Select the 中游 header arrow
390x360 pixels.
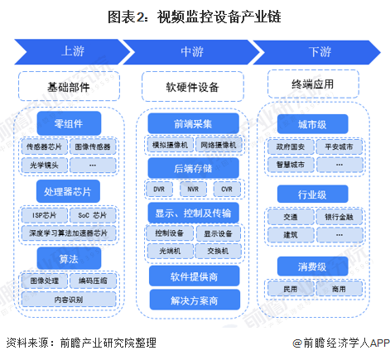click(x=192, y=51)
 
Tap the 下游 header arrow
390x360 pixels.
click(x=319, y=51)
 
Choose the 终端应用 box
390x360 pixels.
click(x=312, y=84)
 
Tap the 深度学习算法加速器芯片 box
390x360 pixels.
click(x=69, y=233)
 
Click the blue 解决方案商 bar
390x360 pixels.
click(x=192, y=299)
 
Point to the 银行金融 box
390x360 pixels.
click(x=339, y=217)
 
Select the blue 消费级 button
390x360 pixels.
click(x=311, y=266)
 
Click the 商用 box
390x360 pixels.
click(x=339, y=289)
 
